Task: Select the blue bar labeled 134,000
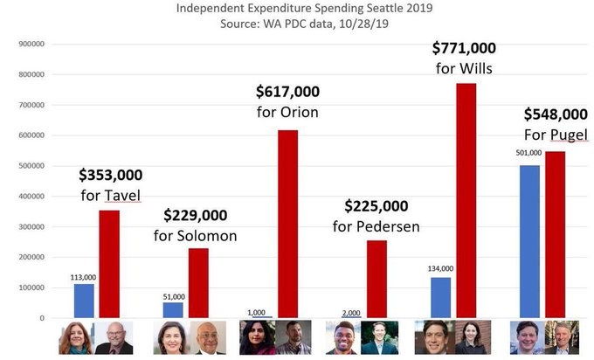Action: pos(440,297)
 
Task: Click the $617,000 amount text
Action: pos(287,91)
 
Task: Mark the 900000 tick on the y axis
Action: pos(31,43)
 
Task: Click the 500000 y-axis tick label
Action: pos(31,165)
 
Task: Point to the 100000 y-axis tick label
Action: pos(31,287)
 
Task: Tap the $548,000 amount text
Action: pos(556,114)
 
